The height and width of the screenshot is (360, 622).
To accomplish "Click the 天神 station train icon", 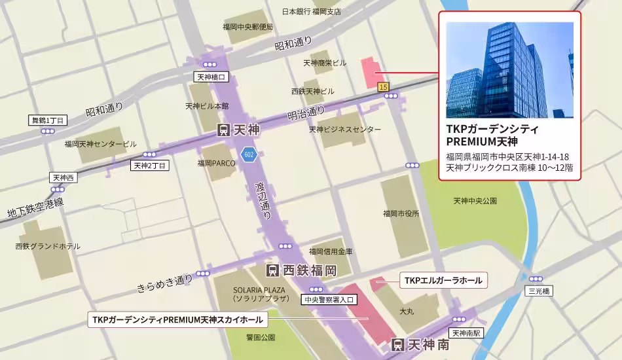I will [x=223, y=131].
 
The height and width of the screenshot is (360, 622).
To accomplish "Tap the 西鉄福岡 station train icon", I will [x=273, y=270].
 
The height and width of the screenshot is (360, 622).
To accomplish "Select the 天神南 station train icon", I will [x=397, y=344].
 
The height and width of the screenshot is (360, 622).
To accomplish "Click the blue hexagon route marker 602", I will [x=248, y=154].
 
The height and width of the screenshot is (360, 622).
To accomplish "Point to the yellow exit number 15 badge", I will [x=383, y=87].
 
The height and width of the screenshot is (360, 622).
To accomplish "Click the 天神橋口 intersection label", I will [x=211, y=77].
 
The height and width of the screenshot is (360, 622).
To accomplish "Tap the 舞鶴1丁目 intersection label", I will [x=48, y=120].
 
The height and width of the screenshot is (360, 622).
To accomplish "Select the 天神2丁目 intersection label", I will [x=151, y=166].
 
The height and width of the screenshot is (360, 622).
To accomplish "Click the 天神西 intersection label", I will [x=64, y=177].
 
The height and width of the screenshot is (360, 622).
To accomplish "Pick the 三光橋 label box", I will [x=540, y=291].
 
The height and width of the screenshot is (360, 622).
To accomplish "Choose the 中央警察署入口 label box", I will [x=329, y=300].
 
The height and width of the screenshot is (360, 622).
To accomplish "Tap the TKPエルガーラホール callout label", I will [x=443, y=281].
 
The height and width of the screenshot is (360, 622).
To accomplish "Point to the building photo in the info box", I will [x=509, y=70].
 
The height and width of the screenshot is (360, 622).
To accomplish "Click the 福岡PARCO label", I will [x=217, y=162].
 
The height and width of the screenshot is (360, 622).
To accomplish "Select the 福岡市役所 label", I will [x=401, y=213].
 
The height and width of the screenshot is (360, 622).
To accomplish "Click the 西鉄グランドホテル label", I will [x=48, y=246].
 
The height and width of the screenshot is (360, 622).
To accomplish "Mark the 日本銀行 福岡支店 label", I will [x=312, y=11].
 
